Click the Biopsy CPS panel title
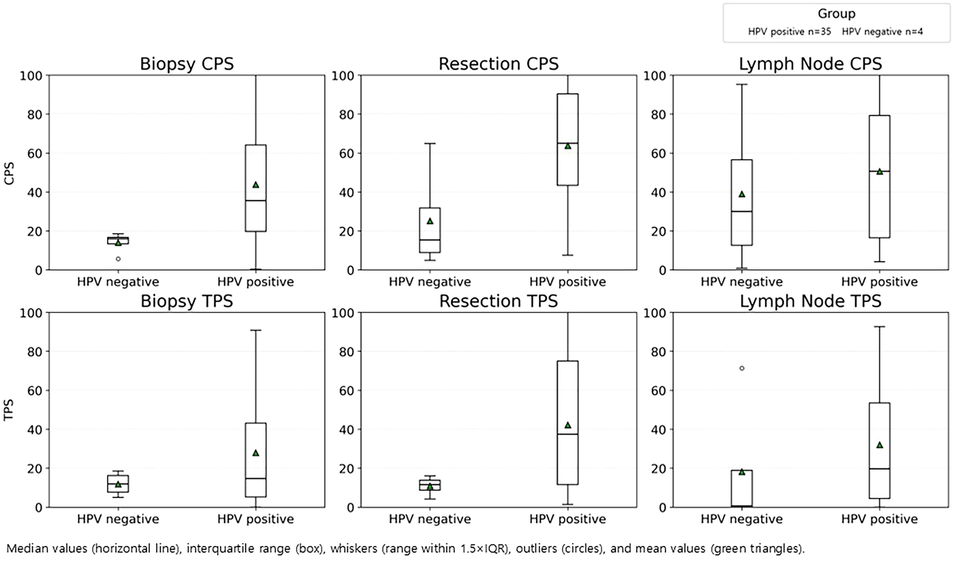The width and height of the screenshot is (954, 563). point(187,64)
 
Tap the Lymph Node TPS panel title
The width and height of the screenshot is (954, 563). point(810,301)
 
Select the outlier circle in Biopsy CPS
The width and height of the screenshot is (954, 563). point(118,259)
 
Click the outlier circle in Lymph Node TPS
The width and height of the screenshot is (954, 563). point(742,368)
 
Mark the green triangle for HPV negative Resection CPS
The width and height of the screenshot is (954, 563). point(430,221)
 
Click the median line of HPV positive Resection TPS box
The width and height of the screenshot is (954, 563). point(567,434)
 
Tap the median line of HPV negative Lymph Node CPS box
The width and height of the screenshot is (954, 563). point(742,211)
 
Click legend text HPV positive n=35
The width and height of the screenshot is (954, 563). point(789,32)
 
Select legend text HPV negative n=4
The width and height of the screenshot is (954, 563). point(882,32)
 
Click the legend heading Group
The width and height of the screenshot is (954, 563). point(836,14)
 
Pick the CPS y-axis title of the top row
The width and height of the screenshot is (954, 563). point(9,173)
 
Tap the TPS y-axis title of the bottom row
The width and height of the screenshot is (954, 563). point(9,410)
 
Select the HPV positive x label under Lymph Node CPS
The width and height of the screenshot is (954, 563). point(879,282)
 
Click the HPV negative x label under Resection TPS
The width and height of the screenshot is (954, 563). point(430,519)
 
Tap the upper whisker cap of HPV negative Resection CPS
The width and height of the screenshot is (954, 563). point(430,144)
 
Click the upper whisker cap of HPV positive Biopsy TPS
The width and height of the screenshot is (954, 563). point(256,330)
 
